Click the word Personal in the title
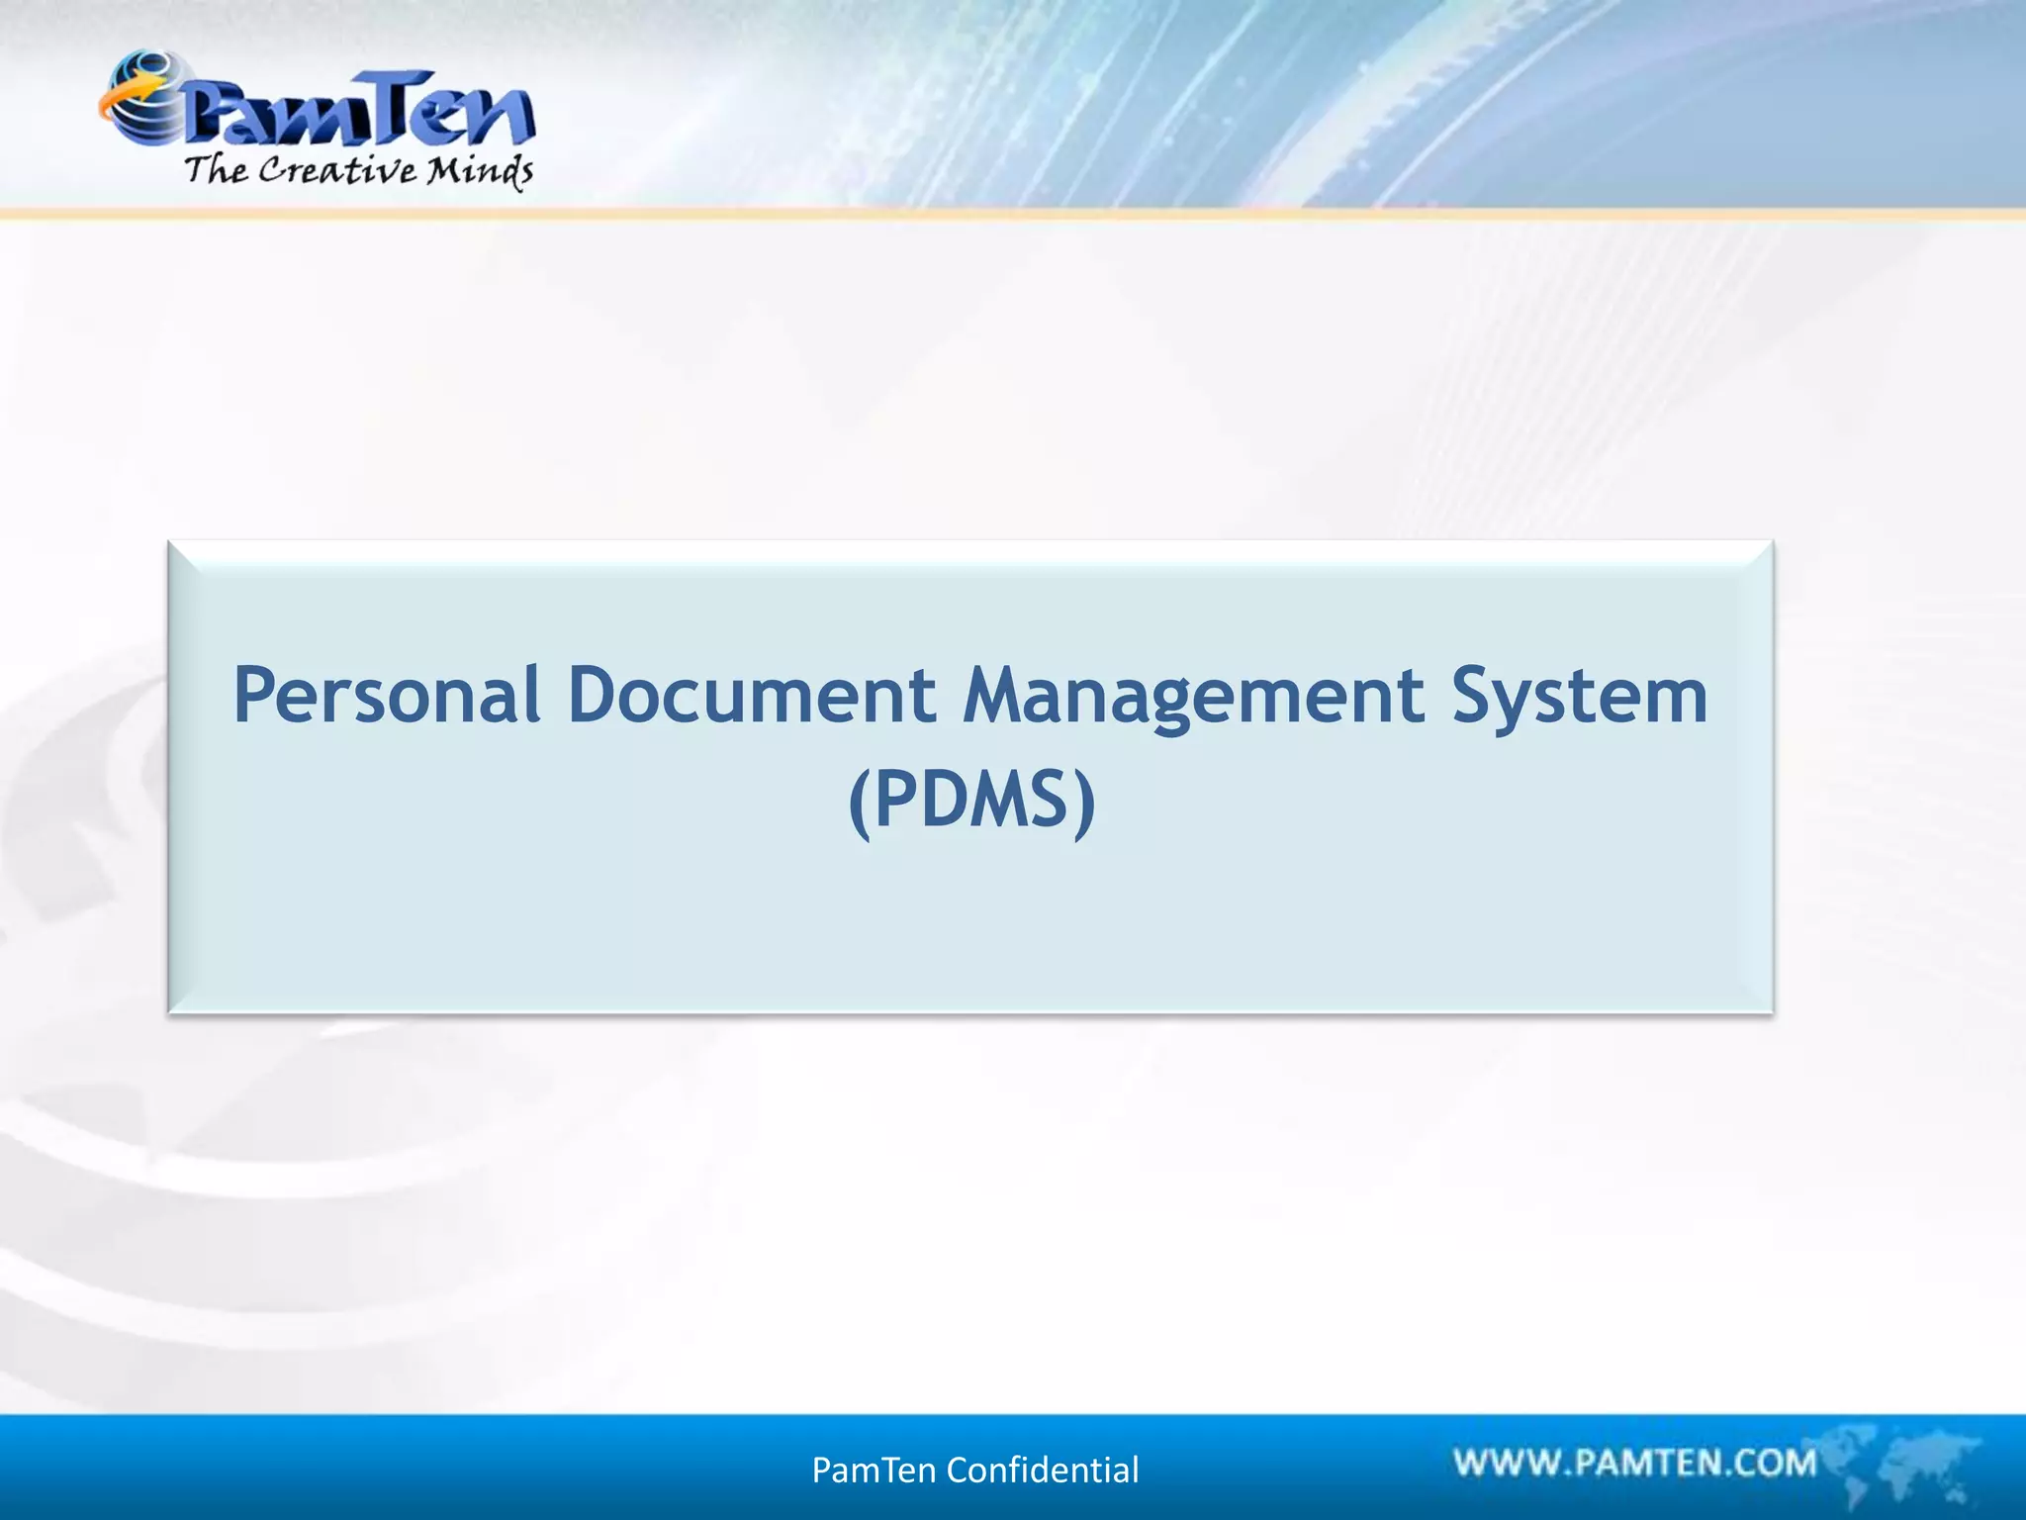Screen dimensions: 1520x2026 click(x=387, y=695)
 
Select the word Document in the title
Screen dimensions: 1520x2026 click(x=752, y=695)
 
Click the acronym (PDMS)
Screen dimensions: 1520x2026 click(x=972, y=801)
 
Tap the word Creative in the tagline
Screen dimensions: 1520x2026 click(x=337, y=170)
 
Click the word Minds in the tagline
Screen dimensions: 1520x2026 click(x=481, y=171)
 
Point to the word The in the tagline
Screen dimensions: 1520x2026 click(x=216, y=169)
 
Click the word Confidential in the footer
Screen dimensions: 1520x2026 click(x=1043, y=1471)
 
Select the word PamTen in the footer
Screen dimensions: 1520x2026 click(x=874, y=1471)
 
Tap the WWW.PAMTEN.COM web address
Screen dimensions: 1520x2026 click(x=1635, y=1463)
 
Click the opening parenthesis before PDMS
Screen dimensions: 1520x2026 click(x=860, y=803)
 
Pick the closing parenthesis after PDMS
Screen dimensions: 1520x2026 click(x=1085, y=803)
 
